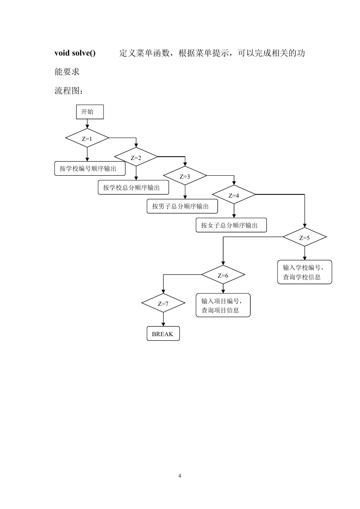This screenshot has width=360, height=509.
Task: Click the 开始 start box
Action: pos(90,112)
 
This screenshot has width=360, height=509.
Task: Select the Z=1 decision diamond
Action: pos(87,138)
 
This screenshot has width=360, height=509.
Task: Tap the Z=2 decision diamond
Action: pos(136,157)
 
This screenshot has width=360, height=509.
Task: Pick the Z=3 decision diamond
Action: pos(185,176)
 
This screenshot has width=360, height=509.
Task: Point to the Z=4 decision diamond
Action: pos(234,194)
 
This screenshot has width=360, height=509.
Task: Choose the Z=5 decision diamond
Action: pos(304,237)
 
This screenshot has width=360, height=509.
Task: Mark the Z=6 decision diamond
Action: pos(223,275)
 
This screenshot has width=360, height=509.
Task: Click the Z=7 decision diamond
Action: pos(163,303)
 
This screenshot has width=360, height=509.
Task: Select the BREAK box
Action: pos(163,334)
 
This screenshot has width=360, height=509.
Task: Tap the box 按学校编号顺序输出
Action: pos(90,169)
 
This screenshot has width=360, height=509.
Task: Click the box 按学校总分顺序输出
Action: pos(133,187)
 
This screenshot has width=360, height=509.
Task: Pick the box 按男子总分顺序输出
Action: pos(182,206)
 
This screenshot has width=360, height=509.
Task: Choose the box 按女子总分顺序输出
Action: pos(231,225)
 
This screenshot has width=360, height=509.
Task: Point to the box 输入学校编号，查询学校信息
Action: pos(304,272)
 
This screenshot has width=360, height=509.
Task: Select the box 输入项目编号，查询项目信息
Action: pos(223,305)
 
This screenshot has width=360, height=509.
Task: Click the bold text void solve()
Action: pos(75,53)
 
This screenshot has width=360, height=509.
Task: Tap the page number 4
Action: pos(180,476)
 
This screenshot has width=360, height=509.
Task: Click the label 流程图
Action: pos(67,91)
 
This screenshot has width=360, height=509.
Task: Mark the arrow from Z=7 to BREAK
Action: pos(163,319)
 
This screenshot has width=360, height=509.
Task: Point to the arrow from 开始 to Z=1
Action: pos(87,124)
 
